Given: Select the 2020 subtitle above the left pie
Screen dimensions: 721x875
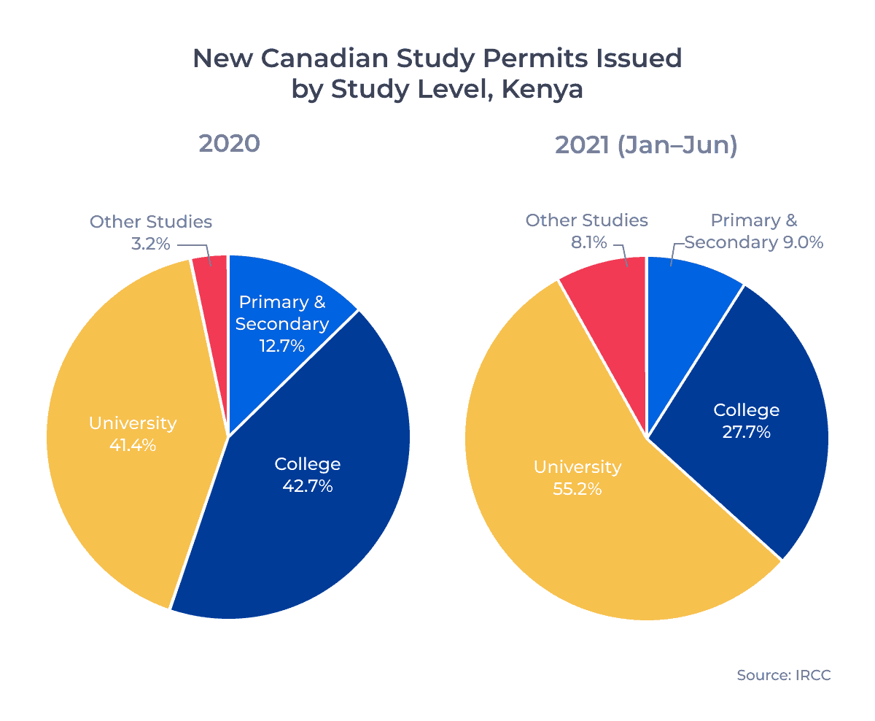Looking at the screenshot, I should tap(229, 144).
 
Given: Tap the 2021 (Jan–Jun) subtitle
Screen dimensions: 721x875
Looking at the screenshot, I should tap(646, 145).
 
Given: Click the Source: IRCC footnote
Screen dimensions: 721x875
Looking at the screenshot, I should tap(783, 675).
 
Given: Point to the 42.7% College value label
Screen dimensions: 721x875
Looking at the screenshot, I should tap(307, 486).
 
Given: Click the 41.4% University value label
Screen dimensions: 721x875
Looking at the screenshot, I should tap(133, 445).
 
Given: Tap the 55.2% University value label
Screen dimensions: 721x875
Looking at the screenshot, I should tap(577, 489).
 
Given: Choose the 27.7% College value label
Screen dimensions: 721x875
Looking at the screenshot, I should tap(746, 432).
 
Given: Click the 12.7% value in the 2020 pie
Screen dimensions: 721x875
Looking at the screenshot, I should tap(281, 345).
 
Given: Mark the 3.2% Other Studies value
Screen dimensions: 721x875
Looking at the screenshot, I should tap(150, 244).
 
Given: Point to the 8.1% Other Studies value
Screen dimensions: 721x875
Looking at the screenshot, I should tap(589, 242).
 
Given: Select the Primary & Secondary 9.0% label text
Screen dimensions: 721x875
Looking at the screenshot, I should tap(753, 231).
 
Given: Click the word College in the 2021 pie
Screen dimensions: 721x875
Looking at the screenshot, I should tap(746, 410).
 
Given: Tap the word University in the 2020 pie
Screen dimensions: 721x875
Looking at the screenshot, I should tap(133, 423).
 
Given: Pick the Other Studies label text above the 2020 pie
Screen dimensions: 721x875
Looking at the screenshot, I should tap(151, 222).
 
